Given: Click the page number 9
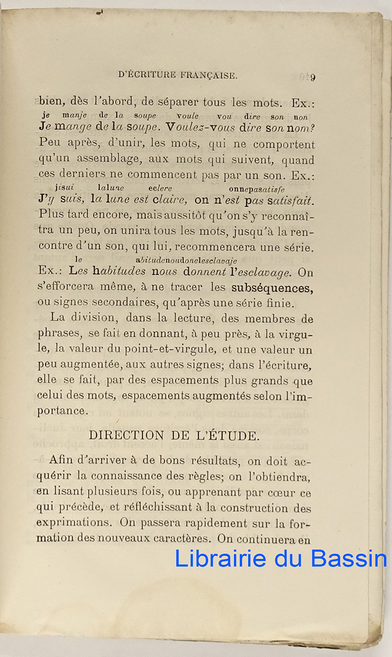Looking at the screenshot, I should tap(313, 77).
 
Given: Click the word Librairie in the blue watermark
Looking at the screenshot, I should tap(220, 558).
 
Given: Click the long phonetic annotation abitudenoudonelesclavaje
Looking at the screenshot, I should tap(186, 261).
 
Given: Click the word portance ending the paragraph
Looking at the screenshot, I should tap(62, 411).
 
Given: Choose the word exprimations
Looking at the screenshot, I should tap(71, 523).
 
